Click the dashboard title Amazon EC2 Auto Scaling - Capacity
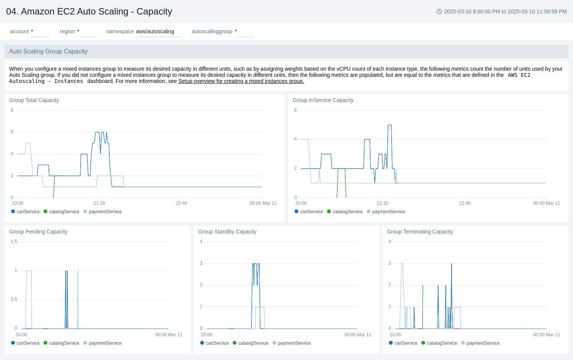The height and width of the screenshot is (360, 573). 89,11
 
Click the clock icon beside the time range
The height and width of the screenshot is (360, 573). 439,11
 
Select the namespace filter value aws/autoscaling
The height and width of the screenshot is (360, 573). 155,31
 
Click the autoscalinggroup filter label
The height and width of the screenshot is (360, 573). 212,31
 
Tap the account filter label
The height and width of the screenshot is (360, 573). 19,31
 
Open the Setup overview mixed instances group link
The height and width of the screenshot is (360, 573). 241,81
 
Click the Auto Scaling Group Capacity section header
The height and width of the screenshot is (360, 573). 49,51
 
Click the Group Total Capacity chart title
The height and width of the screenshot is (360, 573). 34,100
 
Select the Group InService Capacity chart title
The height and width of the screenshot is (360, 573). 323,100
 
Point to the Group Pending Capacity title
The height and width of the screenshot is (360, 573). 38,232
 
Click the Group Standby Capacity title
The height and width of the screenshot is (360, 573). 227,232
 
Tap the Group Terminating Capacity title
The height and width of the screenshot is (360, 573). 420,232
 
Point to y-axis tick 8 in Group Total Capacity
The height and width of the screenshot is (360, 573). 12,110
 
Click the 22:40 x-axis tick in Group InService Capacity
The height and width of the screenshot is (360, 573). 465,203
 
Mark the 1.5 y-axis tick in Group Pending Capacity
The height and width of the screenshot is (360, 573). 14,242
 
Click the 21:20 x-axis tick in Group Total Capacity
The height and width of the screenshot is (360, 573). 99,203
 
